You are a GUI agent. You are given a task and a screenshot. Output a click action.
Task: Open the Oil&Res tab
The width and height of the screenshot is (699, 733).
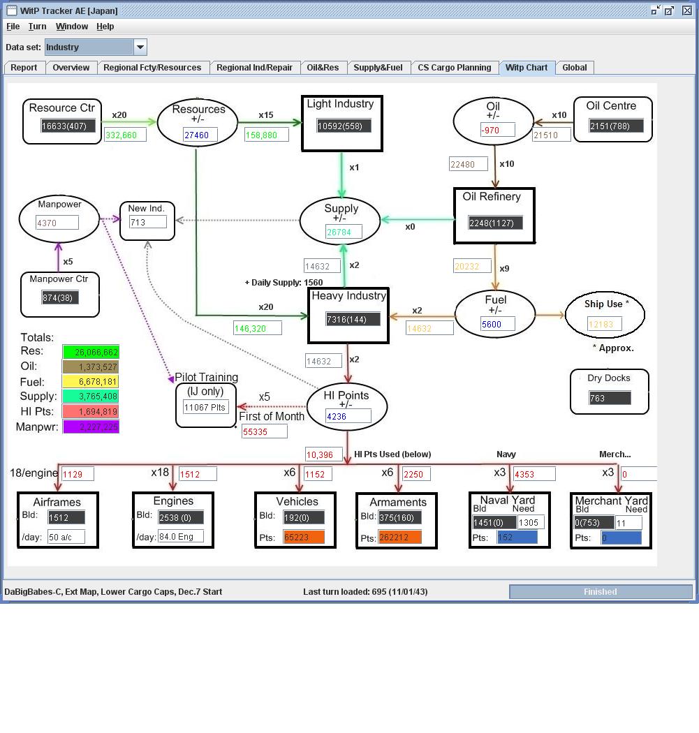coord(323,68)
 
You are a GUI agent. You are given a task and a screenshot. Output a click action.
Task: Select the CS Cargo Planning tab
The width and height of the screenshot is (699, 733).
coord(454,68)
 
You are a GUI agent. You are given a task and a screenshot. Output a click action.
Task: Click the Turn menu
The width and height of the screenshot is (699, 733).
coord(37,27)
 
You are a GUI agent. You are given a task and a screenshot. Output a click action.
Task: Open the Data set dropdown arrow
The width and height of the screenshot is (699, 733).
coord(140,47)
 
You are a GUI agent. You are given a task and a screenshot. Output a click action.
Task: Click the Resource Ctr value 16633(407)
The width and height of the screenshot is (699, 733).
coord(68,126)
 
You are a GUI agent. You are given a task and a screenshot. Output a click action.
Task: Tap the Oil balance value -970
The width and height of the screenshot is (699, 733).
coord(497,130)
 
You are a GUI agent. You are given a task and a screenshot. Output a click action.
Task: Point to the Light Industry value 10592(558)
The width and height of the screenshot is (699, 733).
coord(344,126)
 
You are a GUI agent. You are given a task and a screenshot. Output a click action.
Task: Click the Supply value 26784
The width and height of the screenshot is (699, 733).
coord(344,232)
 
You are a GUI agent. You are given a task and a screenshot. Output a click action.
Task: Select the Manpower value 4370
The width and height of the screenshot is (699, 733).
coord(57,223)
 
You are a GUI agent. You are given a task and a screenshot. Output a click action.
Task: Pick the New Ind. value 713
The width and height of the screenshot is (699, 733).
coord(147,222)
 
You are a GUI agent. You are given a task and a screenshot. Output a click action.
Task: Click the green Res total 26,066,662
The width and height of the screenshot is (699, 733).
coord(91,352)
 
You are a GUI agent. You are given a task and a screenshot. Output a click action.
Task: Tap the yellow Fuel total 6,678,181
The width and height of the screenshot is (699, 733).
coord(91,382)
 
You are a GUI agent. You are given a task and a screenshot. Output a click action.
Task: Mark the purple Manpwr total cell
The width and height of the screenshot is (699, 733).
coord(91,427)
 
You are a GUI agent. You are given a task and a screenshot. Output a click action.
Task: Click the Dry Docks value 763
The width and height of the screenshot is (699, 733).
coord(610,398)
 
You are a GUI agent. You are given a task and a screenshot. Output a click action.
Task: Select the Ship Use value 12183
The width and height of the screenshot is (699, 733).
coord(604,325)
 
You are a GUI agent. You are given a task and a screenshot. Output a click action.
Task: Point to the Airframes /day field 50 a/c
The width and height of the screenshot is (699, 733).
coord(66,537)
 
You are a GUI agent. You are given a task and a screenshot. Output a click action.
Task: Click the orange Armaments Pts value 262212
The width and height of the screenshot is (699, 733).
coord(399,538)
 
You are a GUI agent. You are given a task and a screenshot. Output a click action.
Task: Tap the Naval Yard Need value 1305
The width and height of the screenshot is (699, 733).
coord(530,523)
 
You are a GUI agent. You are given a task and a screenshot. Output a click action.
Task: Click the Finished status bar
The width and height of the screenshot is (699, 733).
coord(600,592)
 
